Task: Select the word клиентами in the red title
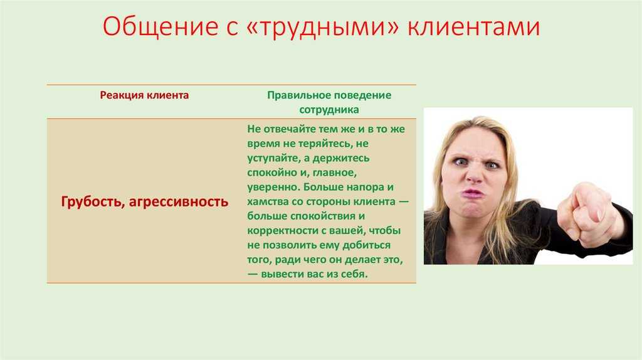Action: click(x=474, y=27)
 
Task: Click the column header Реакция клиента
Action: click(x=145, y=95)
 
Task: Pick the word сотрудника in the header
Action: click(x=329, y=110)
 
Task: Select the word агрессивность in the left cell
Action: click(x=179, y=203)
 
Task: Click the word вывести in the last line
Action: click(x=282, y=274)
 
